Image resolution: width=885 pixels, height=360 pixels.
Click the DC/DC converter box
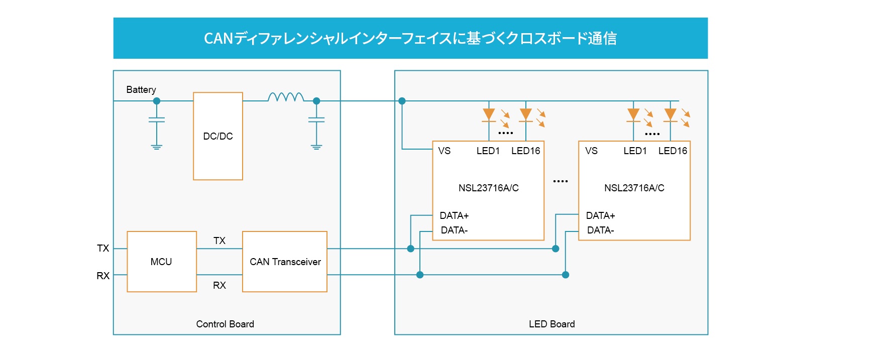click(218, 136)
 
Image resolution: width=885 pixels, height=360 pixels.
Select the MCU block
click(161, 262)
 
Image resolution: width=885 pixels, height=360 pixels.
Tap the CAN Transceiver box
click(285, 262)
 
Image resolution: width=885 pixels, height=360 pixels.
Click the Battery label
click(141, 90)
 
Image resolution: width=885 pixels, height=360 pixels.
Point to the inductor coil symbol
click(286, 97)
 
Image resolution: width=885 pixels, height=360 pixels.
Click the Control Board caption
click(225, 324)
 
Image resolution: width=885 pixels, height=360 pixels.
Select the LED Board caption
click(551, 324)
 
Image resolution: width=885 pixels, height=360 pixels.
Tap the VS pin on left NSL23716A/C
click(445, 151)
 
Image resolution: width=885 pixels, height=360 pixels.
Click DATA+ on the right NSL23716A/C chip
click(600, 215)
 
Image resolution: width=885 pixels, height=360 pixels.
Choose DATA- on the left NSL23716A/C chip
click(454, 230)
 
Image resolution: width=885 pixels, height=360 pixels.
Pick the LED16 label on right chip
click(673, 151)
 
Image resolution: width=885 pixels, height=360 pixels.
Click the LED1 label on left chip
click(488, 151)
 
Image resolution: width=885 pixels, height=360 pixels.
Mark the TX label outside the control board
click(103, 248)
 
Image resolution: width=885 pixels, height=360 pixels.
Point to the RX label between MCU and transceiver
click(219, 285)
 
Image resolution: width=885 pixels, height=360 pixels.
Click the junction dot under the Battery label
click(157, 101)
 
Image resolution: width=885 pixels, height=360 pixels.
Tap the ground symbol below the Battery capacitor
click(157, 147)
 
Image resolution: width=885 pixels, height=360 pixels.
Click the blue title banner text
click(410, 38)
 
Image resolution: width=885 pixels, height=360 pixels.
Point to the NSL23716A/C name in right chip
click(634, 188)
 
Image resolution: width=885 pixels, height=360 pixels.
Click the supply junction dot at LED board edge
click(402, 101)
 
